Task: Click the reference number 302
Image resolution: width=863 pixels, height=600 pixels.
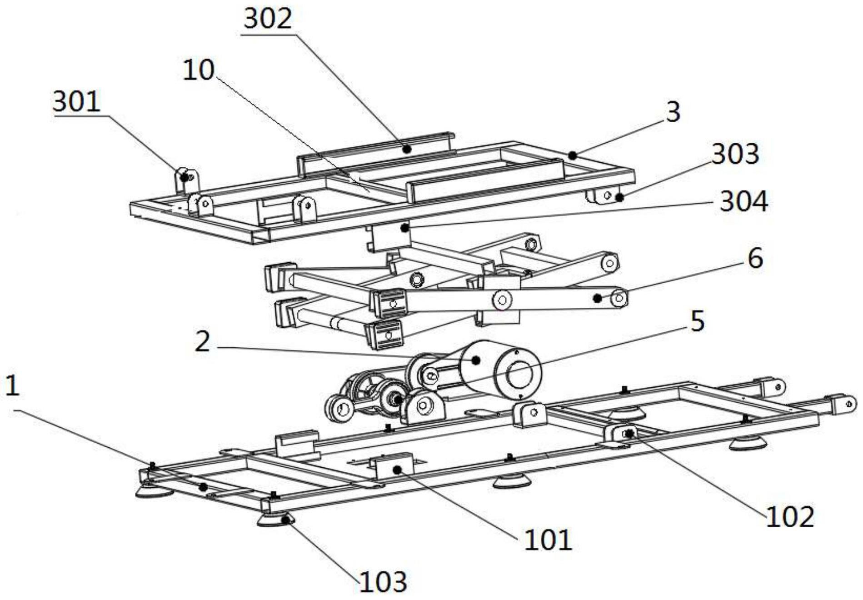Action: pos(268,20)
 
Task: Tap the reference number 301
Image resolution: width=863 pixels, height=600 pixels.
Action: pos(76,101)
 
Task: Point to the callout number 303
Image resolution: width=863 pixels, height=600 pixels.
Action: pos(735,154)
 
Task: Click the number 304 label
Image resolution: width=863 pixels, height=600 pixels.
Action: pos(744,201)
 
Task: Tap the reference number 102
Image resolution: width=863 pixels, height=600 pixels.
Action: pos(790,517)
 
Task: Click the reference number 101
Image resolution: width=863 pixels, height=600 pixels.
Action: pos(548,540)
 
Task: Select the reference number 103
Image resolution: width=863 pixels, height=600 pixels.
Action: pos(383,582)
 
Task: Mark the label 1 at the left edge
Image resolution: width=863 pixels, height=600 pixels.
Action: pos(12,386)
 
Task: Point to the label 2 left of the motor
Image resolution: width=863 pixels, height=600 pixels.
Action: pos(202,342)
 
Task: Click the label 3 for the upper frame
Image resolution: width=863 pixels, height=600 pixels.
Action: pos(673,112)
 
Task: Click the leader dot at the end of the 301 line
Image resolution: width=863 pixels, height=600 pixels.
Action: pos(184,177)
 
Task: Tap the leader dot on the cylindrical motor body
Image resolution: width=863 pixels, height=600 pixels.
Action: pos(475,360)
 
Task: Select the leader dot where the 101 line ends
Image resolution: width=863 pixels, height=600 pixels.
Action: pos(397,469)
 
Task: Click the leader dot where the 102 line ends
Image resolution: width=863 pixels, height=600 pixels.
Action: pos(629,434)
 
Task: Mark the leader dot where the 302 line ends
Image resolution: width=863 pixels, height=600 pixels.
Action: pos(408,148)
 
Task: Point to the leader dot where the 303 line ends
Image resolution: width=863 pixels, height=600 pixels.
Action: pos(619,198)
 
